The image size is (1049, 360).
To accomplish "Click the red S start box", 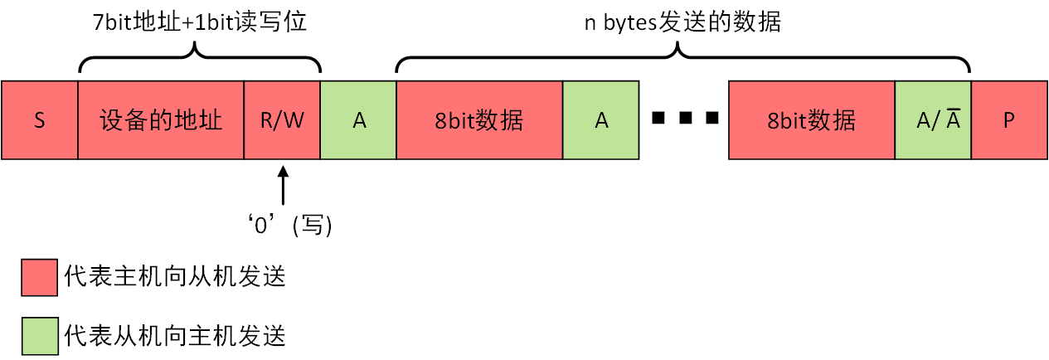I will point(39,120).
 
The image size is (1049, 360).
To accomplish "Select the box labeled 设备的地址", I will point(161,120).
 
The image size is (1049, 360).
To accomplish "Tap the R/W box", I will point(282,120).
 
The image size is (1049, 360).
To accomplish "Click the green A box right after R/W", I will point(358,120).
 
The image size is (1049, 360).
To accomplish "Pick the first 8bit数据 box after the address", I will point(479,120).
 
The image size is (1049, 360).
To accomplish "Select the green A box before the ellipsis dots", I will point(601,120).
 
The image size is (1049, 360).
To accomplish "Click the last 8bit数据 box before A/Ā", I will point(812,120).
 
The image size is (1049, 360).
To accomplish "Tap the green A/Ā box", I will point(933,120).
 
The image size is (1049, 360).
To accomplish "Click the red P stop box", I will point(1009,120).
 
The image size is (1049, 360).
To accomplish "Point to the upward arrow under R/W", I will point(283,186).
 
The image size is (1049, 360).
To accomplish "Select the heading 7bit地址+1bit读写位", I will point(200,21).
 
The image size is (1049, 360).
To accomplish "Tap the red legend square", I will point(39,277).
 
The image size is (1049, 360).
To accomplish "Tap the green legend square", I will point(39,335).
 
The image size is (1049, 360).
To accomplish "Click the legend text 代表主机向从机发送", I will point(175,277).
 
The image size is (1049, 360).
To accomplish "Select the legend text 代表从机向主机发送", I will point(175,335).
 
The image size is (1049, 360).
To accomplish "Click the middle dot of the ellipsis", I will point(684,120).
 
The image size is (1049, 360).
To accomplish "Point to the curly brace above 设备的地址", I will point(200,58).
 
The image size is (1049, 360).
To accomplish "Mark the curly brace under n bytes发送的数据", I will point(682,58).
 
